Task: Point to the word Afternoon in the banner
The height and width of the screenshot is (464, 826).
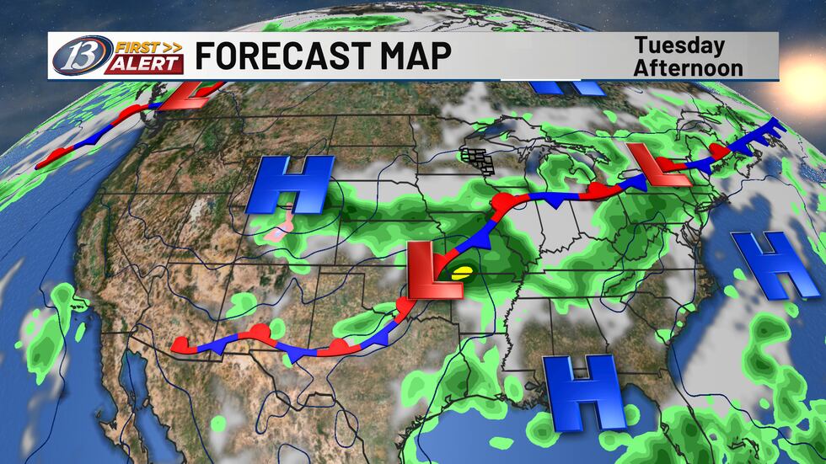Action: pyautogui.click(x=689, y=67)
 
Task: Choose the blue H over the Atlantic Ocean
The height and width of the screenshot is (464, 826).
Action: pyautogui.click(x=766, y=264)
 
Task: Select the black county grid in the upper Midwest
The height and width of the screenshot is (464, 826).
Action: pyautogui.click(x=478, y=157)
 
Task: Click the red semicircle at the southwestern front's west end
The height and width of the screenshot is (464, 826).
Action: pyautogui.click(x=180, y=344)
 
